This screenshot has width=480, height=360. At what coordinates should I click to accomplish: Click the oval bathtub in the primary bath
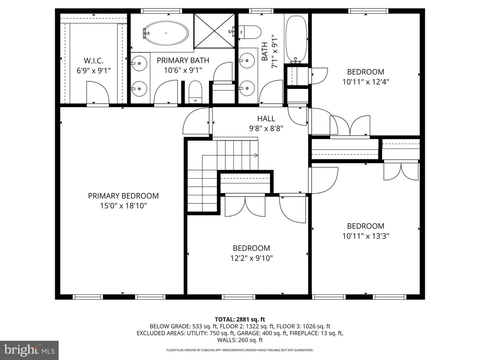pos(166,33)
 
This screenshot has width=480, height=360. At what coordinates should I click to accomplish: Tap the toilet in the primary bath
pos(195,92)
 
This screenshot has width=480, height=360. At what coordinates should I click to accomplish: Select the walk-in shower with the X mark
pos(214,31)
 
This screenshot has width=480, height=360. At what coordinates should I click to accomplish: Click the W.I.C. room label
pos(94,61)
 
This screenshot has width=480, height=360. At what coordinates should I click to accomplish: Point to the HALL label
pos(266,118)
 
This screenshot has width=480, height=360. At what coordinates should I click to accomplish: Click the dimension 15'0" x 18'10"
pos(123,206)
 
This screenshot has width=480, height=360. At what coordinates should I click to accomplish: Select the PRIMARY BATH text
pos(183,60)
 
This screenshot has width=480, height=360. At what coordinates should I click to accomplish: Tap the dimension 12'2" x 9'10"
pos(251,258)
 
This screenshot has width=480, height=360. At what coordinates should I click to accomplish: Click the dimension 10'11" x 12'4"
pos(366,82)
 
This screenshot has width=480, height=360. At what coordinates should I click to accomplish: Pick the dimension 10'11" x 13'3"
pos(366,236)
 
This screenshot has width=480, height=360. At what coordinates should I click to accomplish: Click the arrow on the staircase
pos(230,155)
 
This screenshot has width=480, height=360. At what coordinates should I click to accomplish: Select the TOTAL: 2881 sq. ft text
pos(240,319)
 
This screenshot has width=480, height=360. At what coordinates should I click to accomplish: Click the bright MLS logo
pos(29,350)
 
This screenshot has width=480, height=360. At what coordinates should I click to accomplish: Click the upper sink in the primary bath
pos(139,63)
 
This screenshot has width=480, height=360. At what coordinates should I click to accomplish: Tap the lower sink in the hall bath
pos(247,88)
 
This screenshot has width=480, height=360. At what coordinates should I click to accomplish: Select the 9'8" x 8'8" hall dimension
pos(266,128)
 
